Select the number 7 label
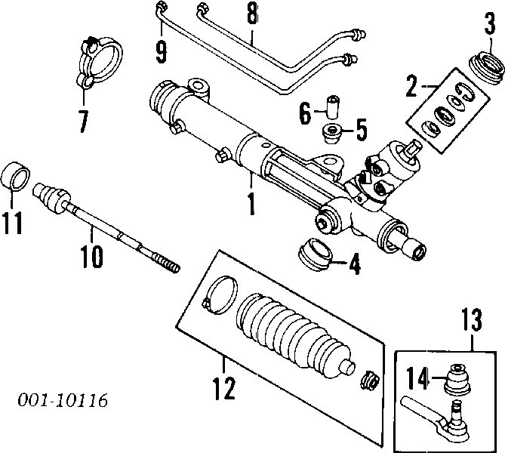[x=83, y=119]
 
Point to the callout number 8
[x=251, y=15]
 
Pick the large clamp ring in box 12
[x=220, y=294]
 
